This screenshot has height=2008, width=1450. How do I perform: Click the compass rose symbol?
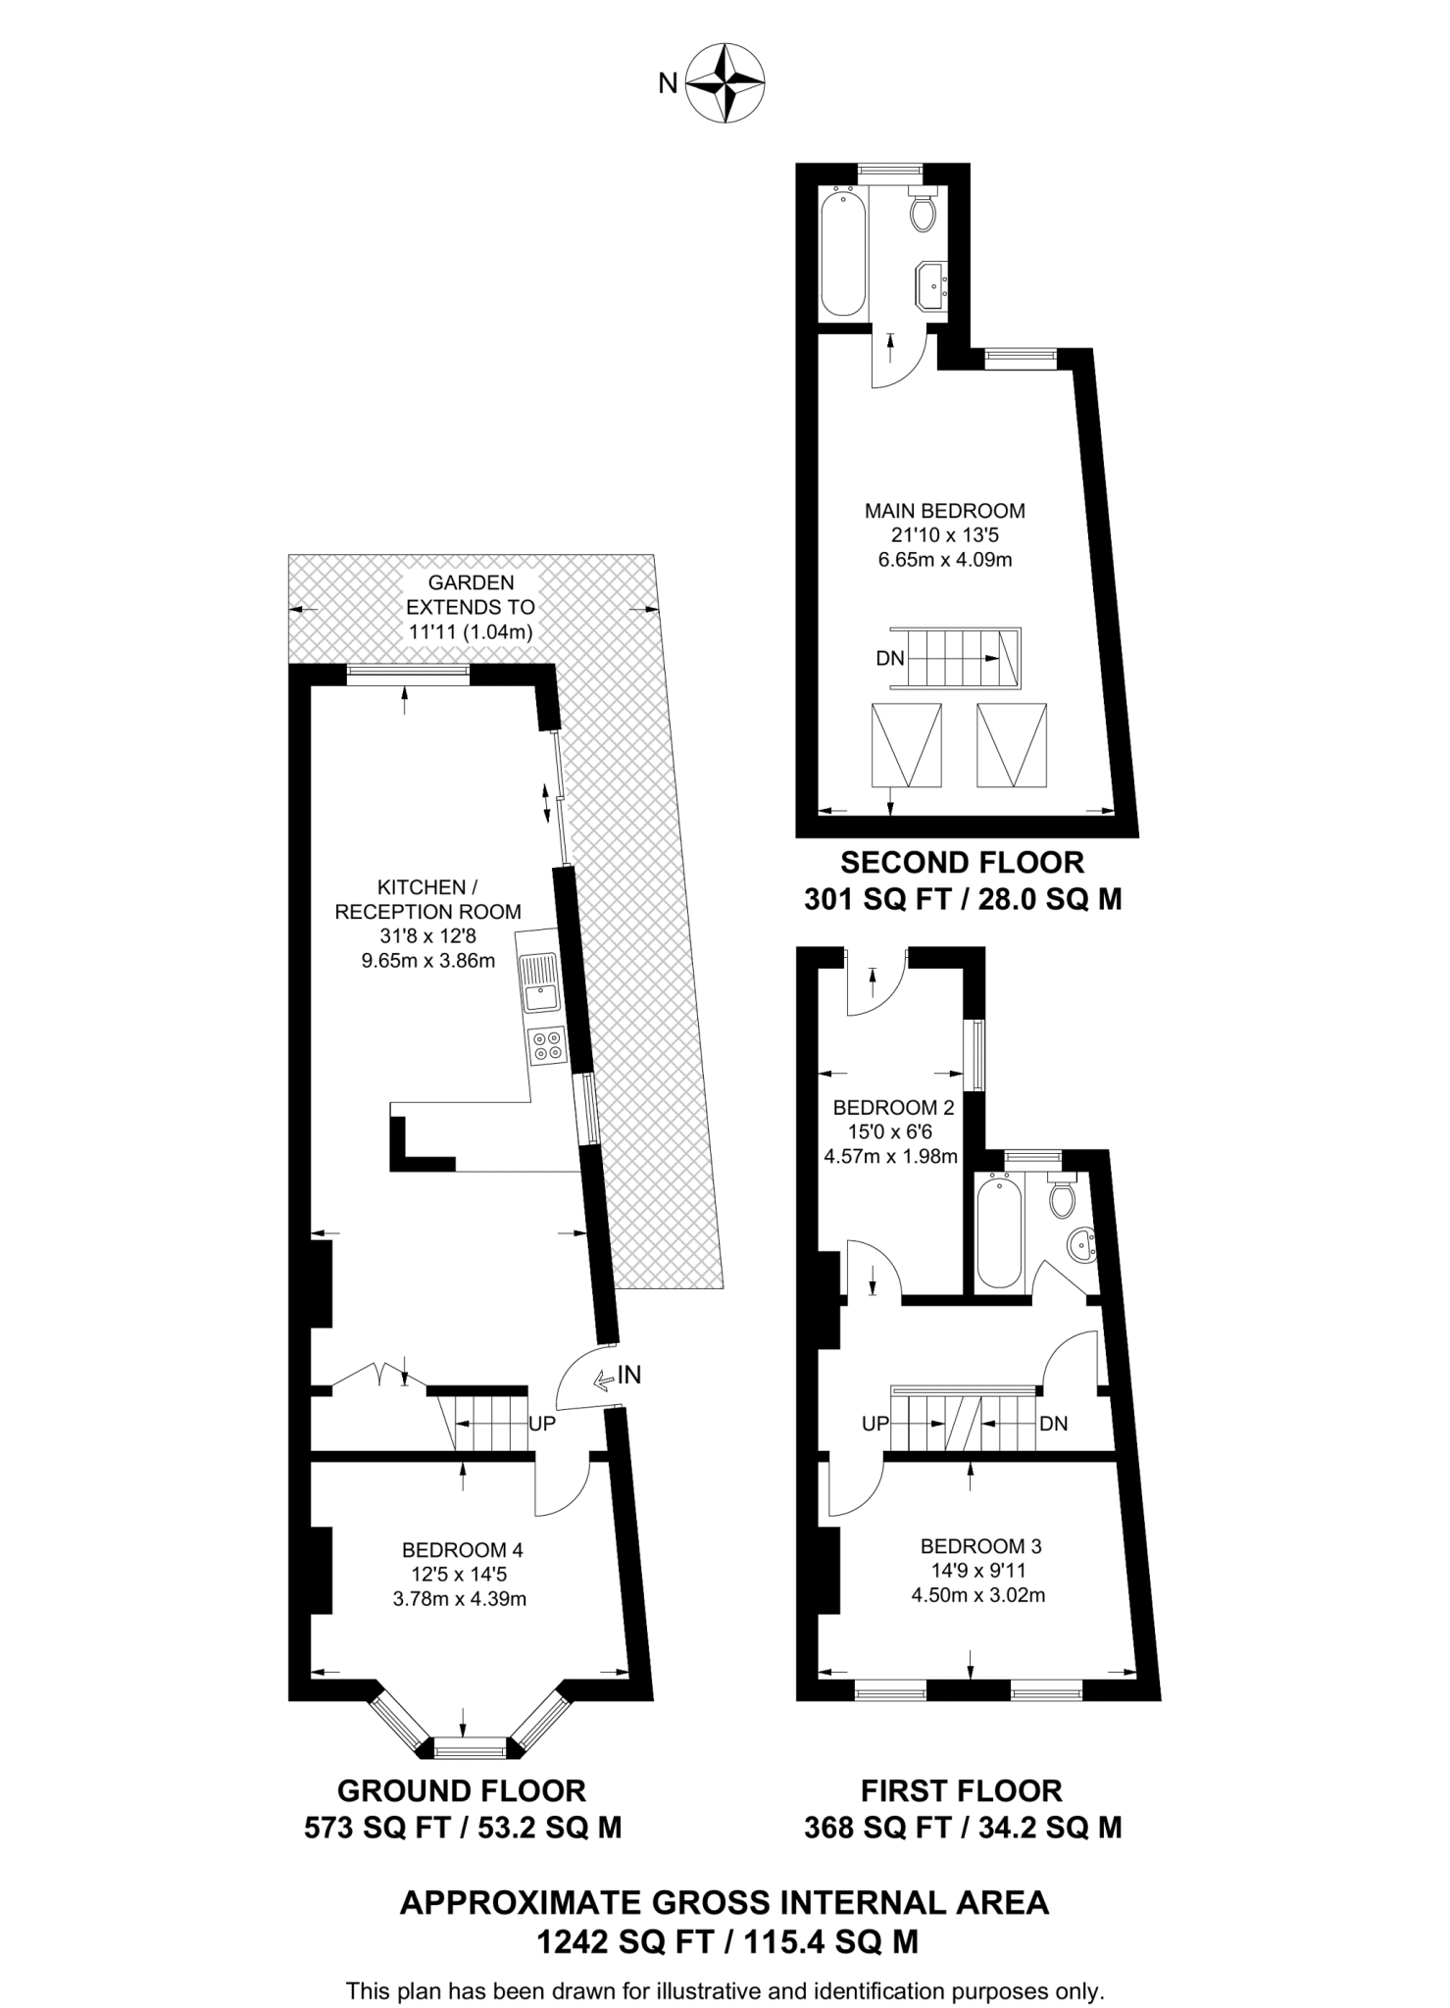point(725,83)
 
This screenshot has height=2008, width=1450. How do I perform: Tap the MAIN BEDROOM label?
point(944,511)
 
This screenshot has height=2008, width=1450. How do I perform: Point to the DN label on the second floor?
point(890,659)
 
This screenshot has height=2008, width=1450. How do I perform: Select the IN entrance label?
point(628,1376)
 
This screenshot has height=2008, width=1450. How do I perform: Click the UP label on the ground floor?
point(542,1424)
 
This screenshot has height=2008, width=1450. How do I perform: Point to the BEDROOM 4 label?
point(462,1550)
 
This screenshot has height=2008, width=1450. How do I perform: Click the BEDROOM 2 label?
point(893,1108)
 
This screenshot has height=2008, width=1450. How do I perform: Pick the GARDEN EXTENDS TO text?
point(471,595)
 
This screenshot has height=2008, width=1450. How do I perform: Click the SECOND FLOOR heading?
point(962,863)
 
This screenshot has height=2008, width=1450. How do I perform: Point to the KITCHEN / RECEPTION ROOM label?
point(427,899)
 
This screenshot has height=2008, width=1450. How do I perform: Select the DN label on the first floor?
point(1053,1424)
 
